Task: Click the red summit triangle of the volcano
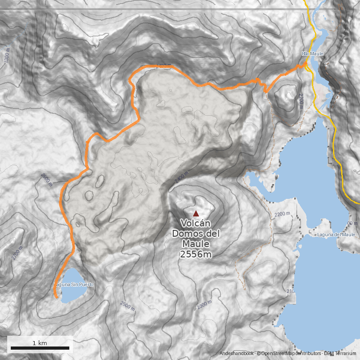click(196, 213)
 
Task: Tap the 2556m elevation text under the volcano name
click(196, 255)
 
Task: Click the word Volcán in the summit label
click(196, 223)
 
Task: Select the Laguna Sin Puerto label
click(74, 284)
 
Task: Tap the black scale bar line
click(40, 348)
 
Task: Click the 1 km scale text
click(40, 343)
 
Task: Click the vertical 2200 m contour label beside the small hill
click(300, 101)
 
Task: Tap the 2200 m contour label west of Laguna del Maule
click(282, 214)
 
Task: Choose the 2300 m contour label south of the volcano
click(204, 305)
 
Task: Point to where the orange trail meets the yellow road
click(306, 64)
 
